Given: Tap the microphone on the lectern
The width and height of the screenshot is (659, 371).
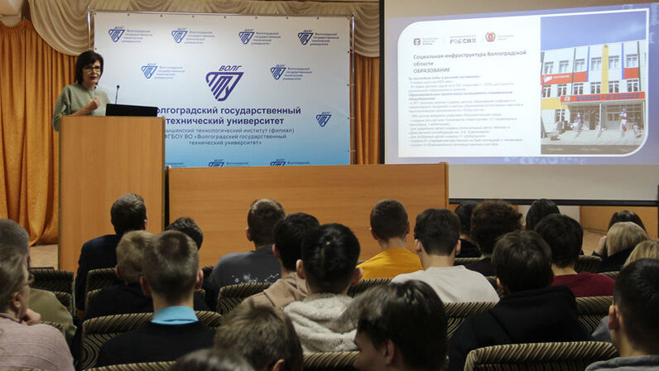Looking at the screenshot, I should pos(117,92).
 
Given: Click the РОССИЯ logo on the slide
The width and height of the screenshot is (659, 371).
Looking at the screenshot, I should pos(462,39).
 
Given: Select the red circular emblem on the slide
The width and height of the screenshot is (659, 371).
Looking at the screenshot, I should pos(489,36).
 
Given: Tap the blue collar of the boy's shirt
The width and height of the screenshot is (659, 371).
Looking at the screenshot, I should pos(174,315).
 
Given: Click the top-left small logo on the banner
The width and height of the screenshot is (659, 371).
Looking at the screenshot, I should pos(117,34).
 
